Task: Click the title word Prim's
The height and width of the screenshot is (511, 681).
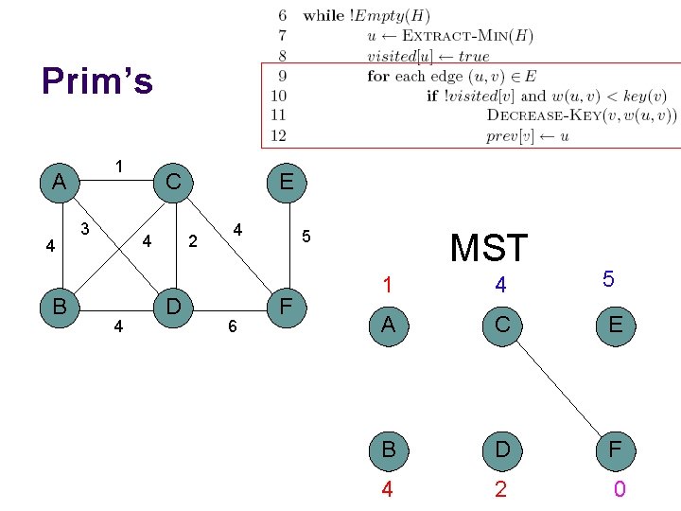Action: (x=96, y=81)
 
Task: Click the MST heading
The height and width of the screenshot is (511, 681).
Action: (x=488, y=248)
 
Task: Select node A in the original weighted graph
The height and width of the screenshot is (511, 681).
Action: (x=59, y=181)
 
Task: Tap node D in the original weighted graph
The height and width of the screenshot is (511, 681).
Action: (x=173, y=307)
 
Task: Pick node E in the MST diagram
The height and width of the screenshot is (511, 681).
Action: (x=615, y=326)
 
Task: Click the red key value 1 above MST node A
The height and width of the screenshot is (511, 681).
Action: (x=387, y=284)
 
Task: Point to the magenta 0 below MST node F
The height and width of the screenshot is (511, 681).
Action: (x=619, y=489)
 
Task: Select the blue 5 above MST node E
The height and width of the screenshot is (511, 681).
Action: (x=608, y=279)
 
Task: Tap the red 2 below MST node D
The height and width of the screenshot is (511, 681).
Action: (x=500, y=489)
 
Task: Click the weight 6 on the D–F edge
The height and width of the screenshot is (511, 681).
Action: (x=231, y=326)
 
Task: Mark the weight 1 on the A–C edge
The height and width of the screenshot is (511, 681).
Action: (x=119, y=167)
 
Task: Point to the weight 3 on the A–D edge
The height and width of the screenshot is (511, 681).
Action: (x=85, y=228)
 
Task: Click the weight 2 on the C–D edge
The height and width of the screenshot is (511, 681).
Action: (x=193, y=241)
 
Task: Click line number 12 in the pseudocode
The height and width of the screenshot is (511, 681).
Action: (x=278, y=135)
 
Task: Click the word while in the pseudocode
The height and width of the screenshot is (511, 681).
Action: (x=323, y=16)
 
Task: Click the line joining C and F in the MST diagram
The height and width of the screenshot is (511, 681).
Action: (x=558, y=388)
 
